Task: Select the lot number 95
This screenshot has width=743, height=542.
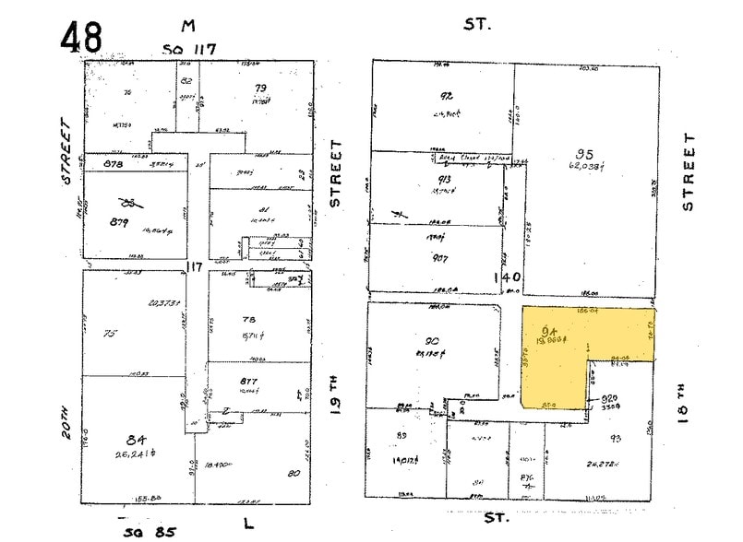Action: click(x=583, y=155)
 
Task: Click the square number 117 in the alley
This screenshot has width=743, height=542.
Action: click(x=193, y=267)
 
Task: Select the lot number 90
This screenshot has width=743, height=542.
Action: click(x=431, y=340)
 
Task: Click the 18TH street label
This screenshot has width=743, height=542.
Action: click(x=685, y=403)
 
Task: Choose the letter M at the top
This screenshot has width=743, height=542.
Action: click(x=188, y=28)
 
